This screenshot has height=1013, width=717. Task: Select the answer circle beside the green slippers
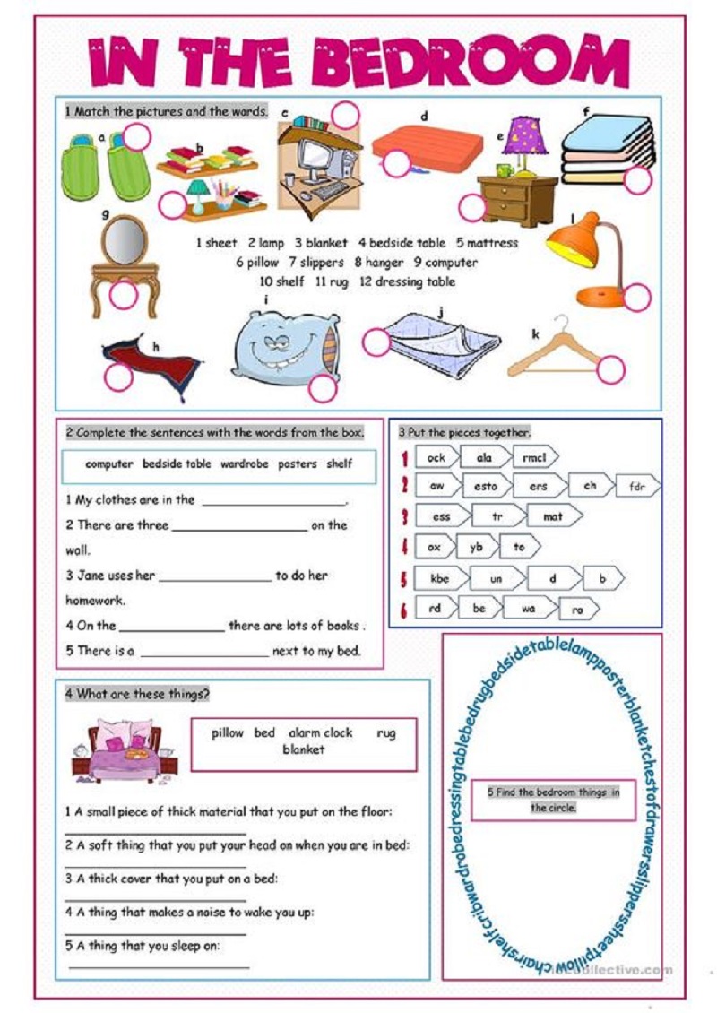click(136, 137)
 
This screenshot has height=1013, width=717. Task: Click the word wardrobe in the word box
click(245, 464)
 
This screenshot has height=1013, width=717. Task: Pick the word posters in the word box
click(297, 464)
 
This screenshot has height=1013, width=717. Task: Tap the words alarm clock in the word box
click(320, 732)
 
